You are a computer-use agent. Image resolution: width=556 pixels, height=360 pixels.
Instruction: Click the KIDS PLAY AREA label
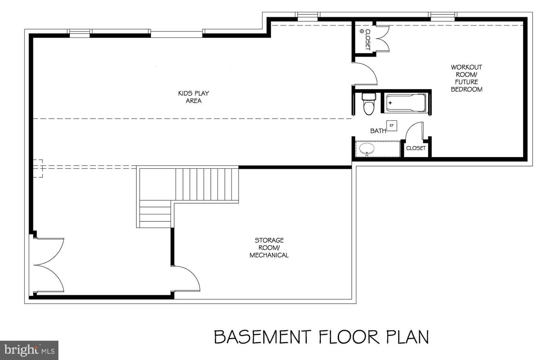(x=193, y=97)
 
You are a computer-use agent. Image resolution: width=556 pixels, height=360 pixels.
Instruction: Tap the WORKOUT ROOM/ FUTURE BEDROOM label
(x=466, y=78)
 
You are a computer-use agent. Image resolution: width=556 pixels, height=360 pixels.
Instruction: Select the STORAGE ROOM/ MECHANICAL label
(x=269, y=248)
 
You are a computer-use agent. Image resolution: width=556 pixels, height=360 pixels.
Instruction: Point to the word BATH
(x=378, y=131)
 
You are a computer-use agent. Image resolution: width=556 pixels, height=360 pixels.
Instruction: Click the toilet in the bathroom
(x=369, y=104)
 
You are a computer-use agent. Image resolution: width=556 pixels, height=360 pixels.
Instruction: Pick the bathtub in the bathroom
(x=405, y=103)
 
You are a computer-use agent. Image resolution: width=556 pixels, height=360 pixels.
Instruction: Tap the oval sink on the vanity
(x=367, y=149)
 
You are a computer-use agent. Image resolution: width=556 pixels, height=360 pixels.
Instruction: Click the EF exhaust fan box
(x=392, y=126)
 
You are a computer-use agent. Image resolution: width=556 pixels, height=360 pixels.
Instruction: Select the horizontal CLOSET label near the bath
(x=416, y=148)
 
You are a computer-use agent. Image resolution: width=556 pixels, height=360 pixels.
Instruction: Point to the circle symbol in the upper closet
(x=362, y=31)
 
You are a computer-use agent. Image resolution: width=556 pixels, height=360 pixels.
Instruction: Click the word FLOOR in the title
(x=349, y=337)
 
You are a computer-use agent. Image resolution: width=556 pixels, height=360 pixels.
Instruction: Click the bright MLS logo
(x=29, y=350)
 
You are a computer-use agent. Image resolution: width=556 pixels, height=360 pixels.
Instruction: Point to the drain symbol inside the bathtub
(x=390, y=103)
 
